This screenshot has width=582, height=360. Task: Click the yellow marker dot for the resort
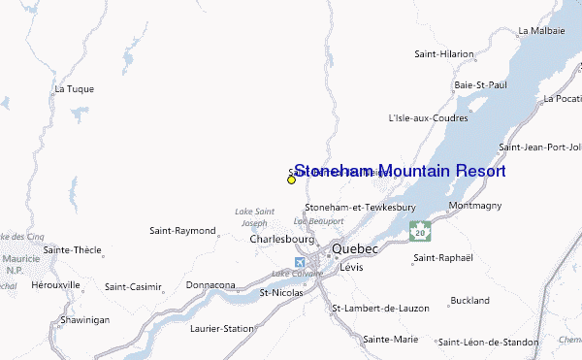(291, 180)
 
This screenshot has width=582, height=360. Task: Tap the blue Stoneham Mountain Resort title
(399, 171)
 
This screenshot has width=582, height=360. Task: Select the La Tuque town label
(75, 89)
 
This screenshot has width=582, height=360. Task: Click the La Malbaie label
(540, 31)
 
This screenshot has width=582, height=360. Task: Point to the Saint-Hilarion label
(444, 54)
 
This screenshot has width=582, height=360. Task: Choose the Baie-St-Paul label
(480, 85)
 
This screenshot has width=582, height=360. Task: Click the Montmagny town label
(475, 207)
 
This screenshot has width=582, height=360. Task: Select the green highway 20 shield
(419, 232)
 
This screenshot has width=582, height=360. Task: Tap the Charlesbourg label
(282, 238)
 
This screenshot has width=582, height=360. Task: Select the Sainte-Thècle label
(73, 250)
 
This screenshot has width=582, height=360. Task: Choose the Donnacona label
(210, 285)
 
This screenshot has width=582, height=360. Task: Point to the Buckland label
(470, 301)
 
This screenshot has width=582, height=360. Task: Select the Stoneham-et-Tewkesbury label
(360, 208)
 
